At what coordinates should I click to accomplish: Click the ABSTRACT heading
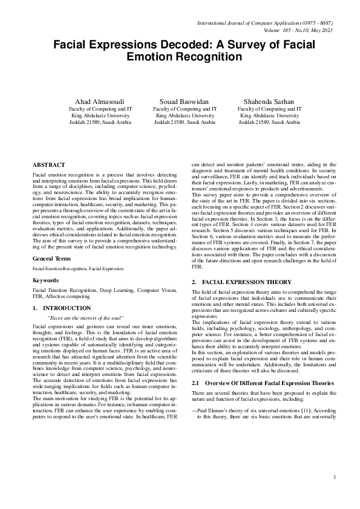pyautogui.click(x=49, y=164)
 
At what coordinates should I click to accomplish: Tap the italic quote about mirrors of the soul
pyautogui.click(x=85, y=317)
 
